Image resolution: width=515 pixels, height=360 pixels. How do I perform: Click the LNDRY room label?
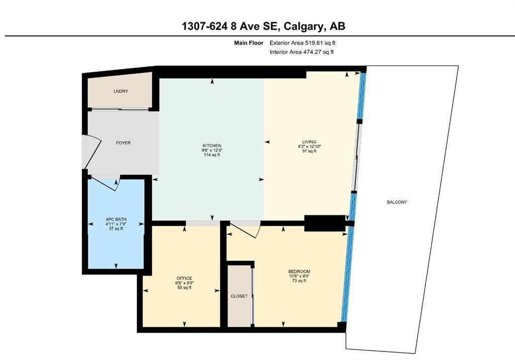(x=120, y=92)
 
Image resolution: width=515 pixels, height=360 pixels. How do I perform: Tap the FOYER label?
(x=123, y=143)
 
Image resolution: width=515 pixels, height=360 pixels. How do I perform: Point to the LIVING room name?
(x=309, y=142)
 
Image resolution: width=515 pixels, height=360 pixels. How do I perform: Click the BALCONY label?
(x=397, y=202)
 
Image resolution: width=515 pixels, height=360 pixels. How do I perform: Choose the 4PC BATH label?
(x=116, y=219)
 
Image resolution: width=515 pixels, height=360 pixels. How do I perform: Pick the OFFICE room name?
(x=184, y=278)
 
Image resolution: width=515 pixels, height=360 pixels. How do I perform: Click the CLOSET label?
(x=239, y=296)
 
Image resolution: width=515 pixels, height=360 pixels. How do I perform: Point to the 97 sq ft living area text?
(x=309, y=151)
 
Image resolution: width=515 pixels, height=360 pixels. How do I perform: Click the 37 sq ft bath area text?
(x=116, y=228)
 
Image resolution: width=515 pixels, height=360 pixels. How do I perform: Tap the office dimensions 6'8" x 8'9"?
(x=184, y=283)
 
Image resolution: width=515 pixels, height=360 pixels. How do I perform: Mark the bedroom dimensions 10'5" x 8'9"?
(x=299, y=276)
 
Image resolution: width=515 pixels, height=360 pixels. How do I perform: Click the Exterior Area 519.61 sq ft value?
(x=302, y=43)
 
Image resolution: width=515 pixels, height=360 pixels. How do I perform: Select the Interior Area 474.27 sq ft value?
(x=302, y=52)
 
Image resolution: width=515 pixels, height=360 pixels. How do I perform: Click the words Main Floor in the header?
(x=248, y=43)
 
